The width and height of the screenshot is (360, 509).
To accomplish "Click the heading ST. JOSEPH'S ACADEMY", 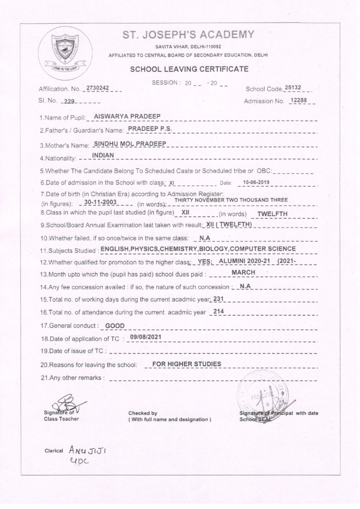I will (x=188, y=35).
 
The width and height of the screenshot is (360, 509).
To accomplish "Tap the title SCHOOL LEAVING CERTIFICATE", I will (x=189, y=69).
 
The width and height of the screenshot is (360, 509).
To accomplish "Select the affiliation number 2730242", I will (x=98, y=88).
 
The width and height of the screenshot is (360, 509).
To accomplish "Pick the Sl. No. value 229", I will (x=69, y=102).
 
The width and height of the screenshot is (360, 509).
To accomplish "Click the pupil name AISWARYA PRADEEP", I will (x=127, y=116).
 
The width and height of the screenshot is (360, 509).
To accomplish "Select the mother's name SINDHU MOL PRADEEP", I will (x=130, y=144).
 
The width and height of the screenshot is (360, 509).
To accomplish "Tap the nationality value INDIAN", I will (x=103, y=155).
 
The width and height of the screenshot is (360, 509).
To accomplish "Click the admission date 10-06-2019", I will (x=256, y=182).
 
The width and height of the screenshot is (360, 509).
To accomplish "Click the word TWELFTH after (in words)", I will (x=272, y=214).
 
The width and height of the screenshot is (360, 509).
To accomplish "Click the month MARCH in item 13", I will (x=243, y=272).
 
